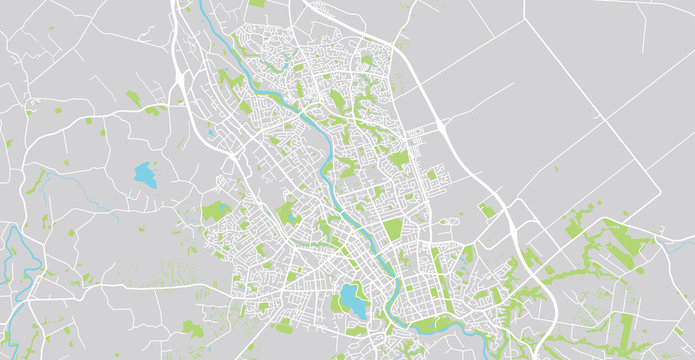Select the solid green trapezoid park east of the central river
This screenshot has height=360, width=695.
pyautogui.click(x=393, y=229)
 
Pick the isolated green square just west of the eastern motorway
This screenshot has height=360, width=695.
pyautogui.click(x=487, y=210)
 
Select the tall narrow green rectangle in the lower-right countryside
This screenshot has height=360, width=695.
pyautogui.click(x=627, y=326)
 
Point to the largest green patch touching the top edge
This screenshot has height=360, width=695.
pyautogui.click(x=257, y=3)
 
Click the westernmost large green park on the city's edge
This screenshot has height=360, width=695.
pyautogui.click(x=215, y=211)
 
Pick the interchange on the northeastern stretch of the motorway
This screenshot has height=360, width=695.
pyautogui.click(x=440, y=128)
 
